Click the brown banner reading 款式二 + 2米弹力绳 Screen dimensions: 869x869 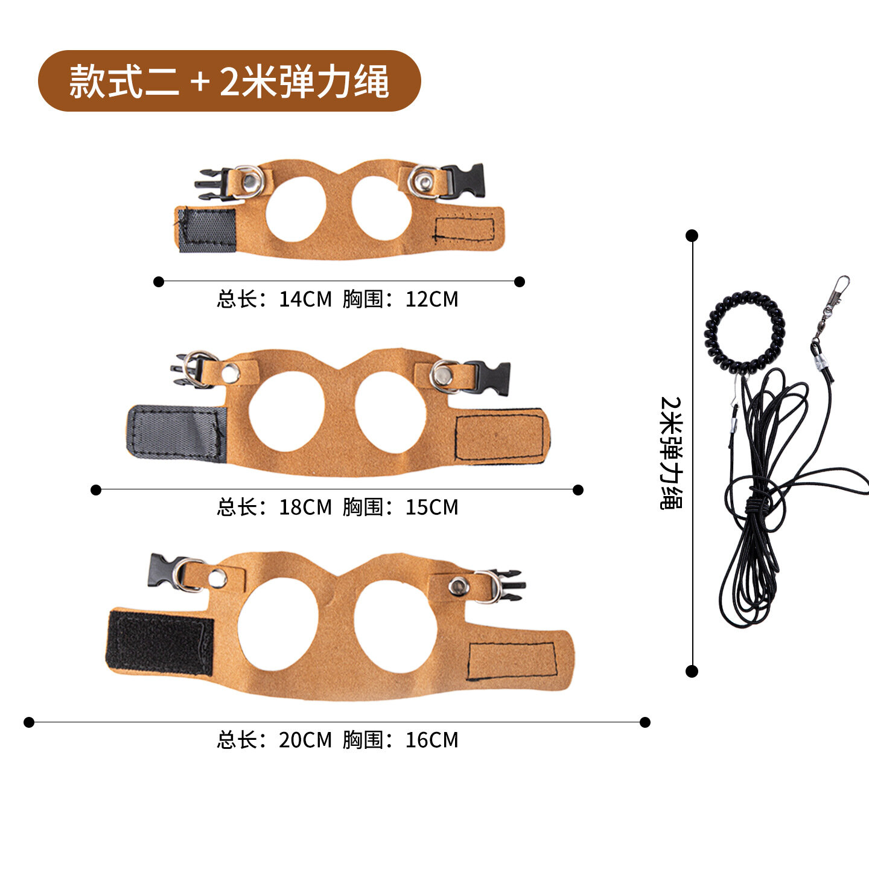pos(229,81)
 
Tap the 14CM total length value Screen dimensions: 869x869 pos(305,299)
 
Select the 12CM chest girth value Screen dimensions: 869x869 pos(431,299)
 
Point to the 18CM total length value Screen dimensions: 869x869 pos(305,508)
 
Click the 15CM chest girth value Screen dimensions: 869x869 pos(431,508)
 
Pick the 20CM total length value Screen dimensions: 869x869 pos(305,740)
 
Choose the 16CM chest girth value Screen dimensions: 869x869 pos(431,740)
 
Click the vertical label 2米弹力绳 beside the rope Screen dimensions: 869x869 pos(672,453)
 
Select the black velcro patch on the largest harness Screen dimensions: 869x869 pos(160,643)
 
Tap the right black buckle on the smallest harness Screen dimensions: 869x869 pos(463,181)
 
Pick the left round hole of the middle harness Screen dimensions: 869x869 pos(287,412)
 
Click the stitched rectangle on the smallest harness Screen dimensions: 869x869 pos(464,229)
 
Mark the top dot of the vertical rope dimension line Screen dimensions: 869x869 pos(692,235)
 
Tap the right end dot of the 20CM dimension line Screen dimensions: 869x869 pos(645,722)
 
